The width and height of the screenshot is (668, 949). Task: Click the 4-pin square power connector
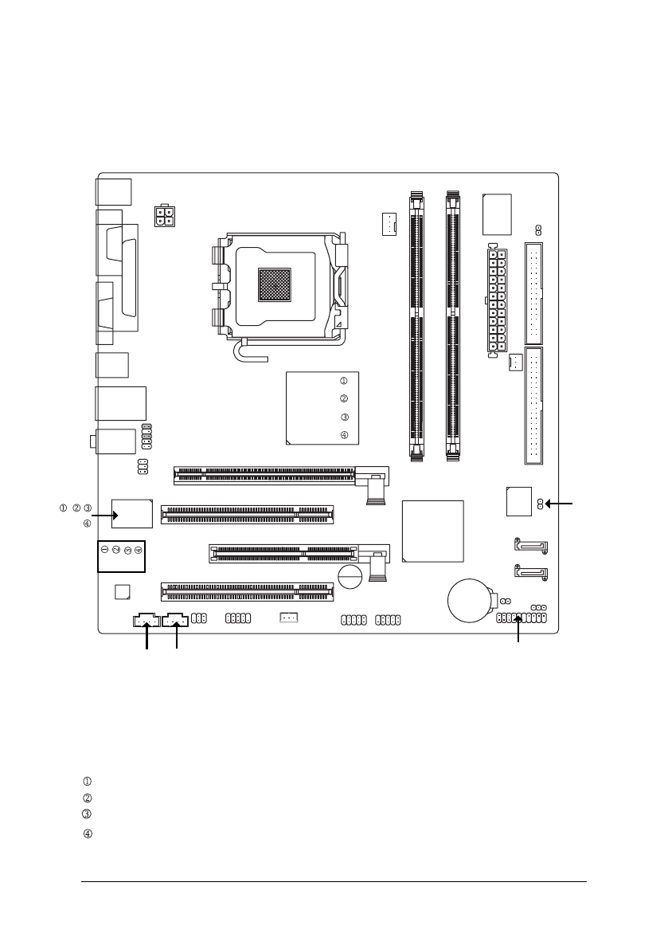tap(165, 217)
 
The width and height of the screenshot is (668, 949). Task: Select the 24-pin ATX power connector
tap(497, 300)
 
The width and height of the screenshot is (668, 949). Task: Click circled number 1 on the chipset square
tap(344, 381)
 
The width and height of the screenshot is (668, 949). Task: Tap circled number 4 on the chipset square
tap(344, 435)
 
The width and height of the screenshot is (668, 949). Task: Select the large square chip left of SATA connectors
tap(433, 531)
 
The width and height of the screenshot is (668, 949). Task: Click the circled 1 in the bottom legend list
tap(88, 781)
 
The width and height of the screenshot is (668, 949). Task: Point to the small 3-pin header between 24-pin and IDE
tap(514, 362)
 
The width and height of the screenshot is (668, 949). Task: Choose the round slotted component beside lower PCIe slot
tap(348, 576)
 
